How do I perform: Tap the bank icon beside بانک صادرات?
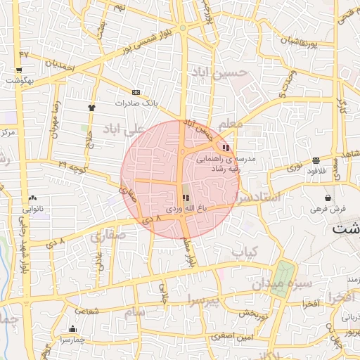pos(136,92)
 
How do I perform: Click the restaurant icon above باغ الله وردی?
pos(185,198)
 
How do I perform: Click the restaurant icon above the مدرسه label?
pos(225,148)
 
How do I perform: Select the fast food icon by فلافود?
pos(316,160)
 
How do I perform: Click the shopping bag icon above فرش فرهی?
pos(328,198)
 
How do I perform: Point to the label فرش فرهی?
pos(328,209)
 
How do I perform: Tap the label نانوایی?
pos(33,209)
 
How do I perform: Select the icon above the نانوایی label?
pos(33,198)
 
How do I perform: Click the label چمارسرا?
pos(72,339)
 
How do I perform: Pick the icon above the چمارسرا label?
pos(72,328)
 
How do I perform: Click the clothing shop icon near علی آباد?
pos(91,107)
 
